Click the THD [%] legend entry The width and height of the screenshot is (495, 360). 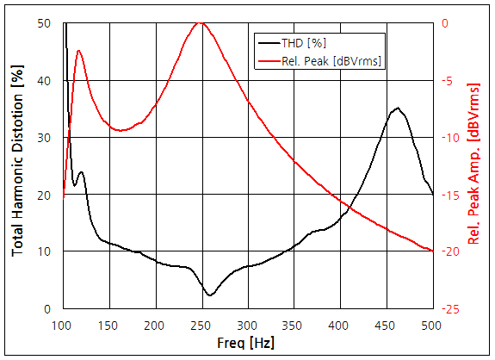pyautogui.click(x=304, y=42)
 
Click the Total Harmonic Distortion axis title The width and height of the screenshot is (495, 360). pyautogui.click(x=18, y=164)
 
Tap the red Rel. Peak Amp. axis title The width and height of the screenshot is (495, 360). pyautogui.click(x=474, y=164)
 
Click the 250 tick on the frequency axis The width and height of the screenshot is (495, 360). pyautogui.click(x=201, y=325)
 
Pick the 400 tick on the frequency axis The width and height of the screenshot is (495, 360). pyautogui.click(x=340, y=325)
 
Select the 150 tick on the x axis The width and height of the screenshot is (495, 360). pyautogui.click(x=108, y=325)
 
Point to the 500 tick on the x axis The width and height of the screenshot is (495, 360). pyautogui.click(x=432, y=325)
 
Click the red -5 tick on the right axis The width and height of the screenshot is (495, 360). pyautogui.click(x=448, y=80)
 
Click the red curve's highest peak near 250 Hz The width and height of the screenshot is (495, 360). pyautogui.click(x=201, y=23)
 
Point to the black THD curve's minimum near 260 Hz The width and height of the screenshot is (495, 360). pyautogui.click(x=210, y=295)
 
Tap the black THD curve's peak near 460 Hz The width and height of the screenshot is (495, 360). pyautogui.click(x=397, y=109)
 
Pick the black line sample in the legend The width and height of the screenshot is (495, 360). pyautogui.click(x=268, y=42)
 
